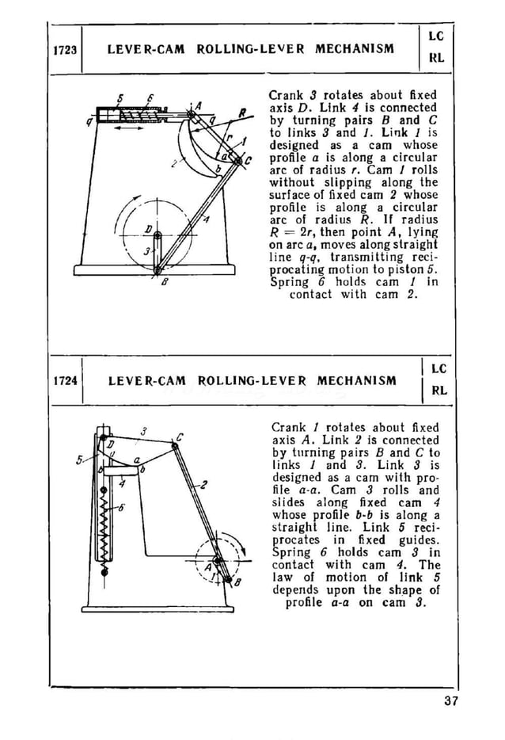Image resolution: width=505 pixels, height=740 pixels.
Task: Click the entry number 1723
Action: (65, 49)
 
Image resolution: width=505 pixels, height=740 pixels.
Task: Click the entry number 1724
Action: (65, 380)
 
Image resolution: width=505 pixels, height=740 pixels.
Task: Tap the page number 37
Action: (451, 700)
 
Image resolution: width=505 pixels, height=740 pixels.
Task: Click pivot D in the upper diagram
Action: (158, 235)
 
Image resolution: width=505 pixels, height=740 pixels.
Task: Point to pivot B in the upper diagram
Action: (158, 270)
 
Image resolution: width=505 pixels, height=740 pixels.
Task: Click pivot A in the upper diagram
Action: (192, 115)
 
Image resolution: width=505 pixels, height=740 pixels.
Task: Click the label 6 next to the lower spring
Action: (120, 509)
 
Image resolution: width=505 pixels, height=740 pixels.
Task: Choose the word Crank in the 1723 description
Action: (287, 95)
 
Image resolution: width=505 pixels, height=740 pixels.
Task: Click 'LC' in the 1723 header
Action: (435, 36)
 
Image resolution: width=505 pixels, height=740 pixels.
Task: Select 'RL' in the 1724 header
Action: (438, 390)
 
